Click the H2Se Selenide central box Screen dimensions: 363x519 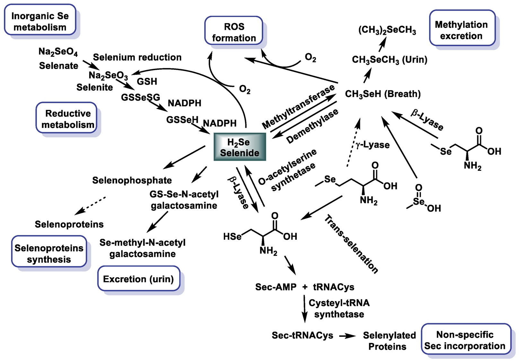240,147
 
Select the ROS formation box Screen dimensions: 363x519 234,32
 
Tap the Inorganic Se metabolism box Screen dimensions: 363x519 40,21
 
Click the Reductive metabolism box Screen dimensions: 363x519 67,119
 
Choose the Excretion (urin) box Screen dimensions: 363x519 138,279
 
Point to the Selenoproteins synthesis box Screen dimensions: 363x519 49,253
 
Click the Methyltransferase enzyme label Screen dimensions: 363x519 298,107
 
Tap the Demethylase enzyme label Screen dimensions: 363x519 312,126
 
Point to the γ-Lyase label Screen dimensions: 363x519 372,145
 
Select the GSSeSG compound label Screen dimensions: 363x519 140,97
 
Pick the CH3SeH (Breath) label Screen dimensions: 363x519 383,94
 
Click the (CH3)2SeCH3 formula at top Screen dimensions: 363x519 387,30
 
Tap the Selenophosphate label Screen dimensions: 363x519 132,180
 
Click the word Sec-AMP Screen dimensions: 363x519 276,287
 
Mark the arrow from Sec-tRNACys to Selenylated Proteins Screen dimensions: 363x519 347,336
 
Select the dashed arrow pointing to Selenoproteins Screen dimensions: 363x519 90,205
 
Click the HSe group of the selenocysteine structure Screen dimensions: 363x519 232,237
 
